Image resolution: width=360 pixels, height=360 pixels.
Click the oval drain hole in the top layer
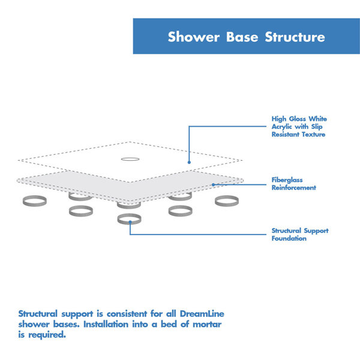coord(130,160)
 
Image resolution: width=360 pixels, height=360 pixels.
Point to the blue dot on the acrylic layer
coord(189,162)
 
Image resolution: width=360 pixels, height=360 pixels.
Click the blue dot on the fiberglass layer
coord(213,184)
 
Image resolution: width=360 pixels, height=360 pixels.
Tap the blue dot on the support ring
coord(130,222)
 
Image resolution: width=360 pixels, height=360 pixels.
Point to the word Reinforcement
coord(294,188)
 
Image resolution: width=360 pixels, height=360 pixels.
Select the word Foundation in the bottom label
coord(289,238)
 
